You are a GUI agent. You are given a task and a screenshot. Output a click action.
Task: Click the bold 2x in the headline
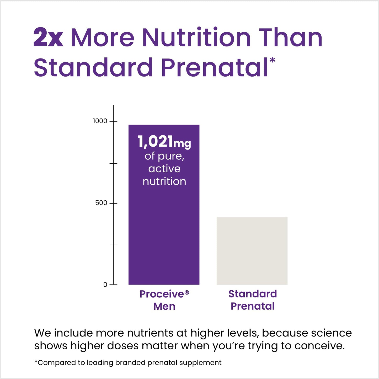click(49, 38)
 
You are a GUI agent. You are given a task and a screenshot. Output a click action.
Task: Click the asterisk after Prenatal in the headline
click(272, 60)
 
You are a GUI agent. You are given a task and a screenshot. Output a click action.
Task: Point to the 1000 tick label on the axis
click(100, 121)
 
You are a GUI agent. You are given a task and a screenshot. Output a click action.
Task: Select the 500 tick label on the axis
click(101, 203)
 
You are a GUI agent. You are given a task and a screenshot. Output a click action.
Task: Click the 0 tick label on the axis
click(105, 285)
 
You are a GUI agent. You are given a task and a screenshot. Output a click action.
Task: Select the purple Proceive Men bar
click(164, 231)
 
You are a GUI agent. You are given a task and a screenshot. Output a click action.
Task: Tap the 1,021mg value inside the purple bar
click(164, 142)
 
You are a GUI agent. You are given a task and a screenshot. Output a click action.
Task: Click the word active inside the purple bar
click(164, 169)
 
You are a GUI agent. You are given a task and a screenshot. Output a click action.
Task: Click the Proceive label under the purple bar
click(162, 294)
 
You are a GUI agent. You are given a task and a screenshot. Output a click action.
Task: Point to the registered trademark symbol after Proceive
click(187, 292)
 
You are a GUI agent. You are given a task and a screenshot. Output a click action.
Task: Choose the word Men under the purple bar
click(164, 306)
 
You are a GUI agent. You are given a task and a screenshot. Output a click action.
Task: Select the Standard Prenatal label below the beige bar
click(253, 300)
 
